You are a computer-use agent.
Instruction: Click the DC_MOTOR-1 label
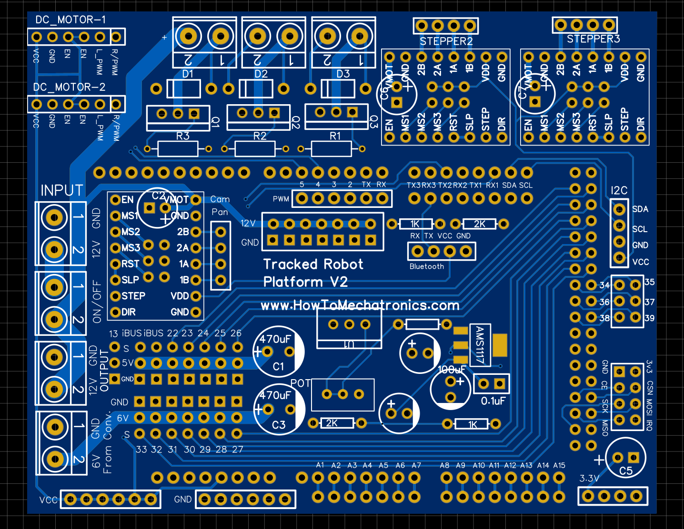tap(70, 20)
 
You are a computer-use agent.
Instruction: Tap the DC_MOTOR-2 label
tap(69, 88)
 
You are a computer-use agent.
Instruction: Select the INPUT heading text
tap(62, 191)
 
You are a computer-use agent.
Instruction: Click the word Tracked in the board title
tap(290, 264)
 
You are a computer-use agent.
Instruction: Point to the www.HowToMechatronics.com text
tap(360, 305)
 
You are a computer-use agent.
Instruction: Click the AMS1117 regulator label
tap(480, 345)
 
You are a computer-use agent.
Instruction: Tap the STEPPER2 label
tap(446, 41)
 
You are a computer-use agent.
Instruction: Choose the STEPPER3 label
tap(593, 39)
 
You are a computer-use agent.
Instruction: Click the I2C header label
tap(619, 191)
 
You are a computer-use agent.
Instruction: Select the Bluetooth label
tap(427, 266)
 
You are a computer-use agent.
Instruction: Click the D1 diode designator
tap(188, 74)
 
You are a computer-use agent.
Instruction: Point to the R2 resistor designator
tap(260, 136)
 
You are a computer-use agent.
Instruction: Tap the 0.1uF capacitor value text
tap(493, 401)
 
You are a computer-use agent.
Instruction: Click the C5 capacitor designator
tap(625, 471)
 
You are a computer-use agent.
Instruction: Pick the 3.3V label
tap(589, 478)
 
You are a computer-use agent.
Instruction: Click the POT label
tap(301, 383)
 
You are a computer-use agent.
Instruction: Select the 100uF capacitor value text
tap(452, 370)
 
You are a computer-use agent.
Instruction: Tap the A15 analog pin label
tap(559, 465)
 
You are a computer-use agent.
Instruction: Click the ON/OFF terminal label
tap(97, 302)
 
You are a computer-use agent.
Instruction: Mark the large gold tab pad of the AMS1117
tap(500, 345)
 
